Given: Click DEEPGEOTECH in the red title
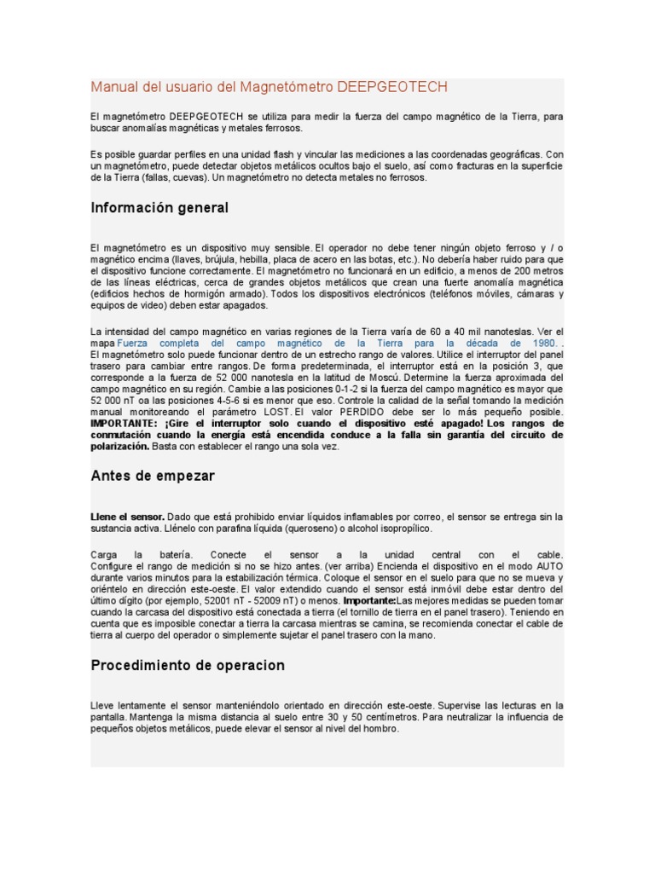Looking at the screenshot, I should point(392,88).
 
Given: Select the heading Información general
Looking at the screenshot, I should point(159,208).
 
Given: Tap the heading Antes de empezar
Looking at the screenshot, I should point(153,476).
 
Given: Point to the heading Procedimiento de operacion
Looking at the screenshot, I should point(188,665).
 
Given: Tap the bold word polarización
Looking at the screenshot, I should point(120,447).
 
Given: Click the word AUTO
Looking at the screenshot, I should point(549,566).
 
